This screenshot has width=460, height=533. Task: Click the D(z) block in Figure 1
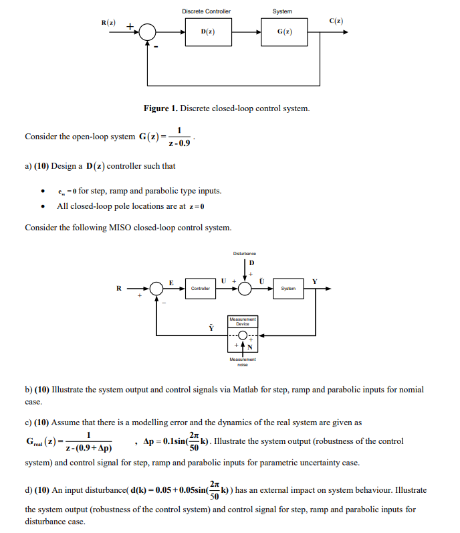(207, 31)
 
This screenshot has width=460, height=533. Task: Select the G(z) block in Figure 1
(283, 31)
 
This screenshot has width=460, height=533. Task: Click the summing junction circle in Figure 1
(146, 32)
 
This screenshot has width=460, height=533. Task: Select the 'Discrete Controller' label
(207, 11)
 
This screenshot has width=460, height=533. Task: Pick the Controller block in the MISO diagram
(201, 289)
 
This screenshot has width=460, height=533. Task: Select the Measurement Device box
(242, 321)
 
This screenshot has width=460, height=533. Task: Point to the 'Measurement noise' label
(242, 362)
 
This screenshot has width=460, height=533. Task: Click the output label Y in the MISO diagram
(324, 281)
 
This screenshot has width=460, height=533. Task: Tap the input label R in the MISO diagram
(119, 289)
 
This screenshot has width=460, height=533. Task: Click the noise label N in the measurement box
(251, 347)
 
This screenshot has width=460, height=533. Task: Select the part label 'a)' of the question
(28, 166)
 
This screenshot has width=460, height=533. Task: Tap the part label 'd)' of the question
(29, 490)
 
